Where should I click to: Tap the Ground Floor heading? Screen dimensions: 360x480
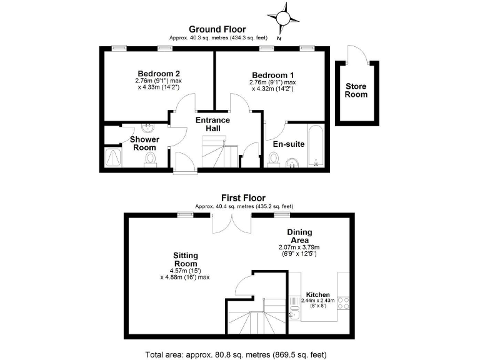pyautogui.click(x=217, y=29)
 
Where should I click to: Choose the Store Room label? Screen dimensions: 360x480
pyautogui.click(x=356, y=90)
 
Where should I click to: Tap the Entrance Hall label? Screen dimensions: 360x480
pyautogui.click(x=213, y=124)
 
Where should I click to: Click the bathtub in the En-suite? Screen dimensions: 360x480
pyautogui.click(x=316, y=147)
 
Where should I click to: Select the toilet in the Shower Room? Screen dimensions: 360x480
pyautogui.click(x=150, y=161)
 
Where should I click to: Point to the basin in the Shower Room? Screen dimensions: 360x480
pyautogui.click(x=148, y=129)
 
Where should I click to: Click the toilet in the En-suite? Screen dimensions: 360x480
pyautogui.click(x=273, y=160)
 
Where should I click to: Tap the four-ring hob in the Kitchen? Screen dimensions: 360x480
pyautogui.click(x=343, y=304)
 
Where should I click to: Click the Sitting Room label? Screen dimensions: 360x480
pyautogui.click(x=186, y=260)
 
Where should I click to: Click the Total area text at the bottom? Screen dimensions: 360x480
pyautogui.click(x=236, y=354)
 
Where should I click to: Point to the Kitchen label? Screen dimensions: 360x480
pyautogui.click(x=318, y=294)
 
